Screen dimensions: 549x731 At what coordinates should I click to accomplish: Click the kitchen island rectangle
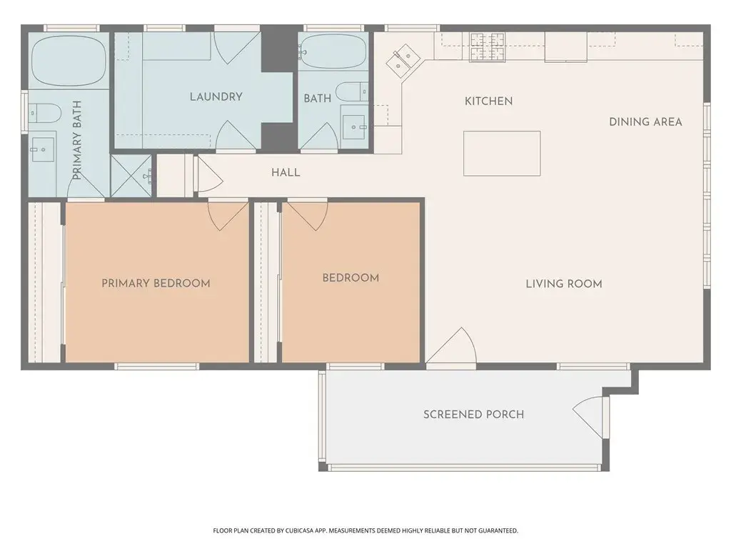click(502, 153)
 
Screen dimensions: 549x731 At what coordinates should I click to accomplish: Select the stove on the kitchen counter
click(488, 46)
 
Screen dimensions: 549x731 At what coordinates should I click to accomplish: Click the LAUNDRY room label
click(216, 97)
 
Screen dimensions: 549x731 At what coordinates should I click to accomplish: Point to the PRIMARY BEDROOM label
click(156, 283)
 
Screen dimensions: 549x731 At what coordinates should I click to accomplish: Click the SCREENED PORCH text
click(473, 415)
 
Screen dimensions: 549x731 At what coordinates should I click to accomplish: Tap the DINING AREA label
click(645, 122)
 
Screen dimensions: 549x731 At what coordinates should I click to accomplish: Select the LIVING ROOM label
click(564, 284)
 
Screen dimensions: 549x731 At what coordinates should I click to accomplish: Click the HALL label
click(286, 172)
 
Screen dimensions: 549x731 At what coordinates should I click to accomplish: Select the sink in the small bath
click(355, 127)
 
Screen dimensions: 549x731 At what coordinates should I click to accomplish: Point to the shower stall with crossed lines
click(133, 175)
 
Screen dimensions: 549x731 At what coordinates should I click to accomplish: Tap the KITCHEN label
click(488, 101)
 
